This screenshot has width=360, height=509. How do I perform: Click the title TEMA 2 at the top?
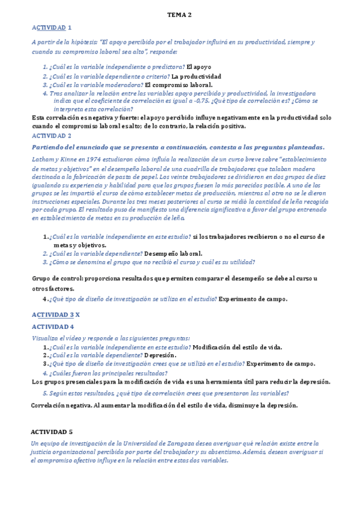coord(179,15)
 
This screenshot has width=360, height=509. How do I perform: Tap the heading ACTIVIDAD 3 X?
coord(55,315)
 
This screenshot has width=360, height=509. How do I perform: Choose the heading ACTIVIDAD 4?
coord(52,327)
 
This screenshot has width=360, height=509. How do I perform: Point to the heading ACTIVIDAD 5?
coord(52,432)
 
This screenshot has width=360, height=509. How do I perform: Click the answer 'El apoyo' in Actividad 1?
coord(199,67)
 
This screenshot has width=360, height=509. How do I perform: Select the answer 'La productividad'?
coord(196,76)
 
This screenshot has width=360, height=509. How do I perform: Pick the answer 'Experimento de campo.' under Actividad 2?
coord(253,299)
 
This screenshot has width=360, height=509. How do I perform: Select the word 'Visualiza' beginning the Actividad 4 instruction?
coord(46,339)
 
